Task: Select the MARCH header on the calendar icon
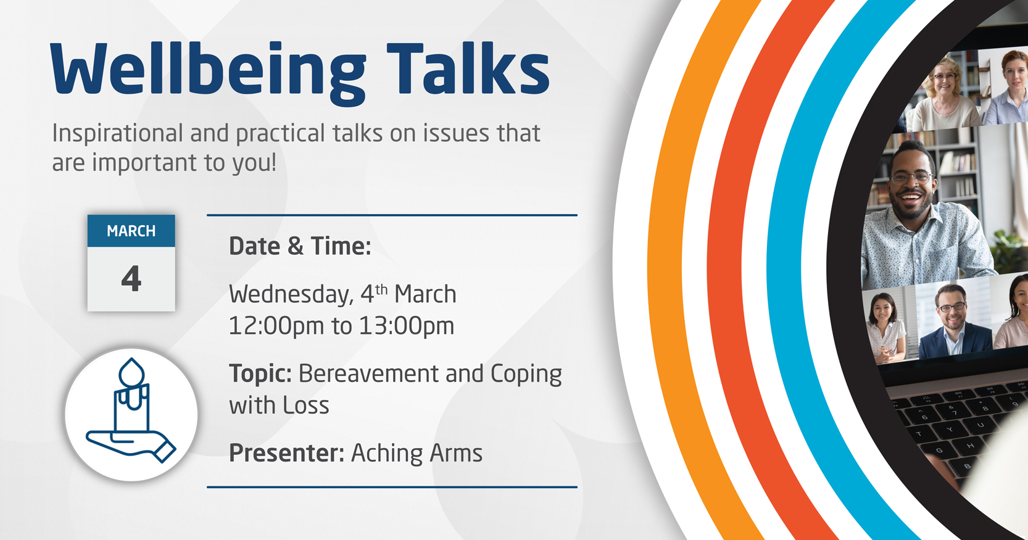pos(131,231)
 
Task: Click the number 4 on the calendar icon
pos(131,279)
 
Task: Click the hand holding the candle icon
pos(131,444)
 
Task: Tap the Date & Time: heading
pos(300,246)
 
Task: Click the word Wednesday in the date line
pos(291,295)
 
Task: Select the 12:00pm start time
pos(276,326)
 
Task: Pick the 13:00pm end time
pos(407,326)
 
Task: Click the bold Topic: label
pos(260,374)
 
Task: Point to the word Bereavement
pos(368,373)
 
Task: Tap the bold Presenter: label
pos(286,453)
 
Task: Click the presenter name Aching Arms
pos(417,453)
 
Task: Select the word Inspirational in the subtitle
pos(117,134)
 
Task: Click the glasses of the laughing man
pos(911,177)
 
